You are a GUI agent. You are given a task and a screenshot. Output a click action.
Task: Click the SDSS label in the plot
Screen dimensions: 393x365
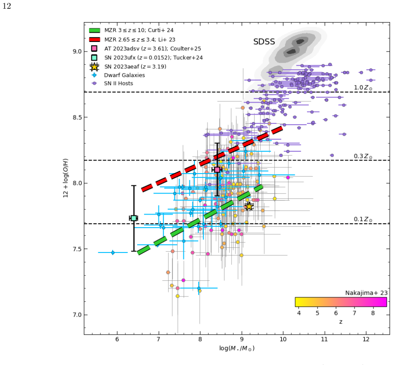(264, 41)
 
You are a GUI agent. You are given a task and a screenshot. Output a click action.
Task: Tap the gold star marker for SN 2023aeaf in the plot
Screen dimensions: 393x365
(249, 207)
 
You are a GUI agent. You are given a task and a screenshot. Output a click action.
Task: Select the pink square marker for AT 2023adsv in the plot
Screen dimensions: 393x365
(217, 170)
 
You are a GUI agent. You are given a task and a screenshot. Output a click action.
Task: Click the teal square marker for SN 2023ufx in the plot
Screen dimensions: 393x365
(134, 218)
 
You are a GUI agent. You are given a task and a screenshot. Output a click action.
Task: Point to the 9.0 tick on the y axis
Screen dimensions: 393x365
(77, 51)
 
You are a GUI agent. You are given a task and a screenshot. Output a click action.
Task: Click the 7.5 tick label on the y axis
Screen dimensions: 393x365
(77, 249)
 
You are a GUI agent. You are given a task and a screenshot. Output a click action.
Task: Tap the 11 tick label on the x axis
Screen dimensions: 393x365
(324, 339)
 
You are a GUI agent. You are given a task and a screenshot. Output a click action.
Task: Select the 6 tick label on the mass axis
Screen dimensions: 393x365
(117, 339)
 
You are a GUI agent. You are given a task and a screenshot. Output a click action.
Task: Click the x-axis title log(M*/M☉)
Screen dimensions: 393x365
(237, 348)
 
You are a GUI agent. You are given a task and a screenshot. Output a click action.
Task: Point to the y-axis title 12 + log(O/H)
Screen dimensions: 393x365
(65, 178)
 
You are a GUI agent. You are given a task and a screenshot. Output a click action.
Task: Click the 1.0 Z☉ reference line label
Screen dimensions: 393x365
(363, 88)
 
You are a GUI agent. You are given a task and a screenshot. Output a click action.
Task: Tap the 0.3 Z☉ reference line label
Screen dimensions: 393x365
(363, 156)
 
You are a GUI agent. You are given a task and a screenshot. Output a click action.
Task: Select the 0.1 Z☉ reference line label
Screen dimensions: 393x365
(363, 219)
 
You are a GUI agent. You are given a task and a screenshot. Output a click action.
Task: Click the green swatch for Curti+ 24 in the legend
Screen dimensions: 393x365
(94, 30)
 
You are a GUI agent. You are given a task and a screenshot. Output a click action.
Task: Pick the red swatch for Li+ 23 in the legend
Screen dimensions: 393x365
(94, 40)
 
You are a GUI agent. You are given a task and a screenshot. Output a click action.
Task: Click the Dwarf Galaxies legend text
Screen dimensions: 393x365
(124, 75)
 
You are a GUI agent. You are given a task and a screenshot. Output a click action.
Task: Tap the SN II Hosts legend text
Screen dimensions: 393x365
(118, 83)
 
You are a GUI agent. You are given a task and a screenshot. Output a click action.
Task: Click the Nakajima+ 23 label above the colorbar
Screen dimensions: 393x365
(366, 293)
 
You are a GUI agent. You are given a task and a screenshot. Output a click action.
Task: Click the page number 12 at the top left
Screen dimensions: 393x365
(7, 6)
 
